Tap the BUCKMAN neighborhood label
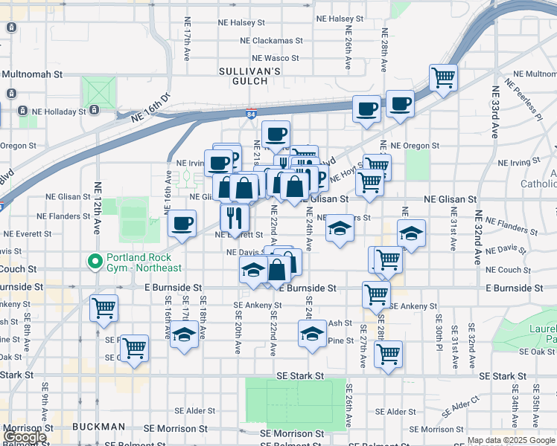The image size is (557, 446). (x=99, y=427)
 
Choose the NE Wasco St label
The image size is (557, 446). (x=275, y=58)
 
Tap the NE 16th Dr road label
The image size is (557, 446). (x=150, y=108)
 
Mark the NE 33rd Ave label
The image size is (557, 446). (x=494, y=111)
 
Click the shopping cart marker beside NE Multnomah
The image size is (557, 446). (x=444, y=77)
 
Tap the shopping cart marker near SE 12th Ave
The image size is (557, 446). (x=104, y=306)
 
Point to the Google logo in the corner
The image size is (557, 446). (x=25, y=437)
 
